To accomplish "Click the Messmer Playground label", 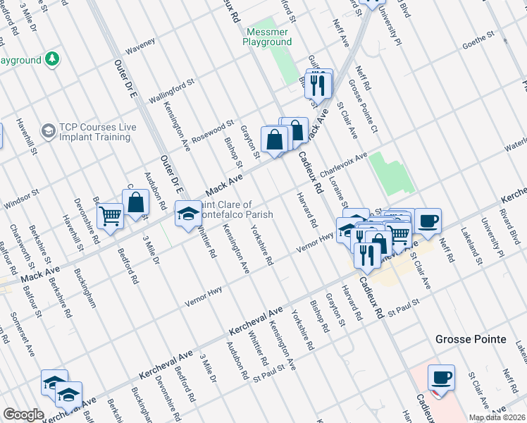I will point(268,37).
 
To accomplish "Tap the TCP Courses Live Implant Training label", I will point(97,132).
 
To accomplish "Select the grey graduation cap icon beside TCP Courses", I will point(48,131).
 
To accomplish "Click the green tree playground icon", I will point(52,59).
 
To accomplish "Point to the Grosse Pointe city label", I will point(470,339).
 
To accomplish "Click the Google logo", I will point(23,415).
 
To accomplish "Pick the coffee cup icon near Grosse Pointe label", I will point(441,376).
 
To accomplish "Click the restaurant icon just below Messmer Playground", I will point(320,84).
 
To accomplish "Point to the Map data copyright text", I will point(497,417).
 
